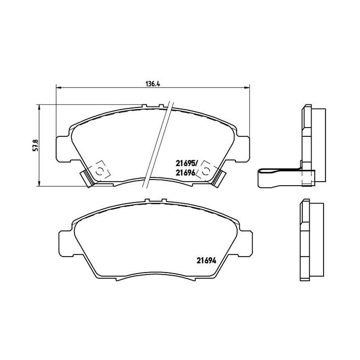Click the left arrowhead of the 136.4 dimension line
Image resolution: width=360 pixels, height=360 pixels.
point(58,87)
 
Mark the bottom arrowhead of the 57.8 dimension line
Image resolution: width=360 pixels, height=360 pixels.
point(40,185)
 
